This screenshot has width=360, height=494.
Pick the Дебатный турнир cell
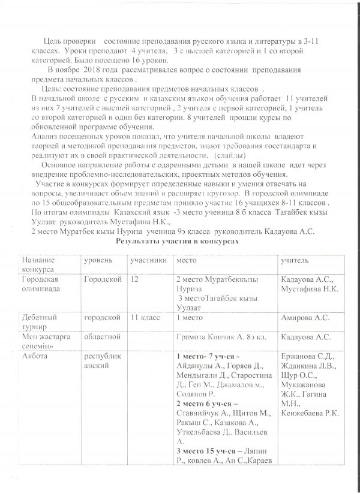pyautogui.click(x=40, y=320)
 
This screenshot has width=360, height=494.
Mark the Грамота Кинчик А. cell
pyautogui.click(x=220, y=338)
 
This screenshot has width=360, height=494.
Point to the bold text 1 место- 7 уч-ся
pyautogui.click(x=208, y=357)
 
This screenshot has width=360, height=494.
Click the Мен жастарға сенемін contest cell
pyautogui.click(x=42, y=342)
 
